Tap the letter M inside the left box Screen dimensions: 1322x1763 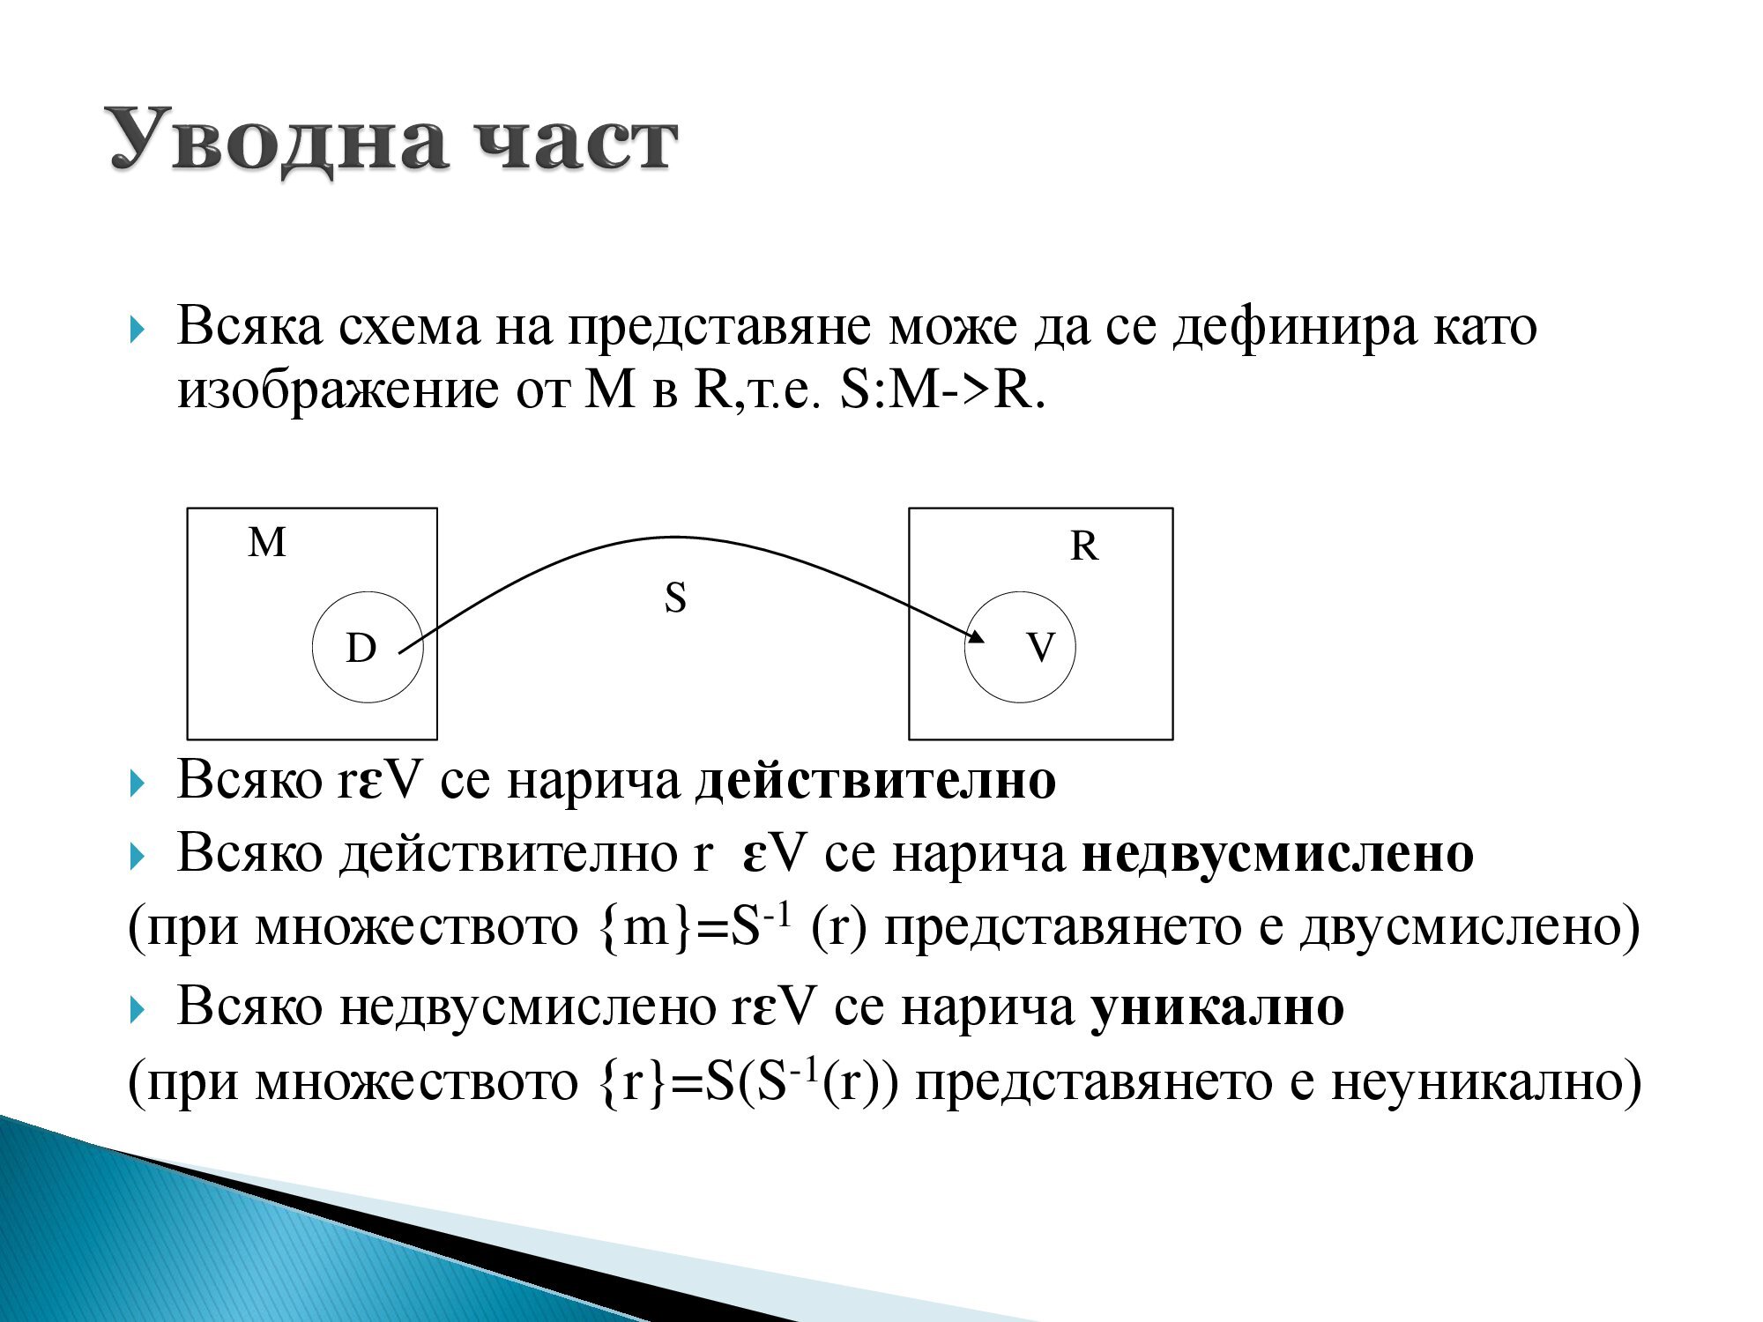click(266, 542)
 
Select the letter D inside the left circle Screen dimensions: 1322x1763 click(361, 649)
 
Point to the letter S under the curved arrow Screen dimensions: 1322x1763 click(675, 598)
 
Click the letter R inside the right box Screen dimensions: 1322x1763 click(1083, 546)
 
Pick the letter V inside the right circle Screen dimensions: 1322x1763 click(1040, 648)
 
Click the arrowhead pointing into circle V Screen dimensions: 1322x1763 click(976, 635)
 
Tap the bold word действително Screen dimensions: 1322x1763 click(875, 781)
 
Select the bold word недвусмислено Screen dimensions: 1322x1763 click(1277, 854)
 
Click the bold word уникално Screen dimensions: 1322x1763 click(1217, 1006)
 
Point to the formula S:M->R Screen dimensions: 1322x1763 click(941, 390)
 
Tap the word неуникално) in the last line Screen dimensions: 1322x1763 click(1486, 1081)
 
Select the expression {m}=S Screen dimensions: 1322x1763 click(680, 927)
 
